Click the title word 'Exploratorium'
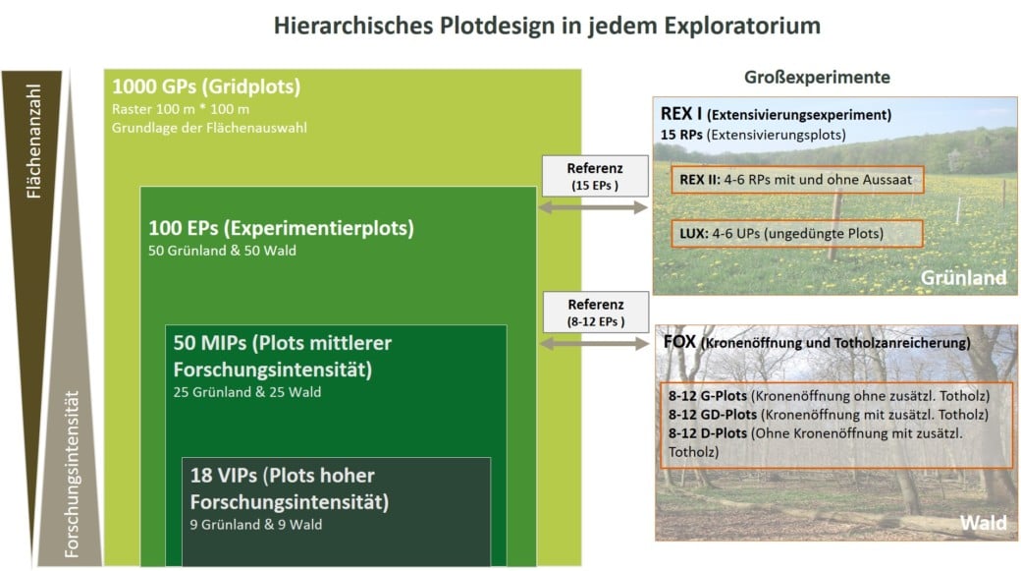pyautogui.click(x=741, y=27)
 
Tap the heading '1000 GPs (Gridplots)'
pyautogui.click(x=206, y=86)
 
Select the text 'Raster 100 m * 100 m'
pyautogui.click(x=181, y=109)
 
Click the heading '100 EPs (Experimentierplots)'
pyautogui.click(x=282, y=228)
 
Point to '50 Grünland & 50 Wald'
pyautogui.click(x=222, y=251)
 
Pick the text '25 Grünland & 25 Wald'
pyautogui.click(x=247, y=392)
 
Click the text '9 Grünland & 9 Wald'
pyautogui.click(x=256, y=524)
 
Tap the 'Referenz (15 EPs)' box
pyautogui.click(x=595, y=176)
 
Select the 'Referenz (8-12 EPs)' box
pyautogui.click(x=596, y=313)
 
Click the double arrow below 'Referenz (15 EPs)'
pyautogui.click(x=593, y=207)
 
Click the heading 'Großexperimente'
pyautogui.click(x=817, y=77)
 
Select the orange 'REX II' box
pyautogui.click(x=797, y=180)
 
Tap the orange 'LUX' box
pyautogui.click(x=797, y=233)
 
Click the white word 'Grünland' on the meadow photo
pyautogui.click(x=963, y=278)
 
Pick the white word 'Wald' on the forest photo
pyautogui.click(x=984, y=523)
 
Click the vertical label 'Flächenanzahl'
pyautogui.click(x=33, y=141)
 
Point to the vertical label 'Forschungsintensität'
pyautogui.click(x=72, y=474)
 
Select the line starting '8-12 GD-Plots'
pyautogui.click(x=829, y=415)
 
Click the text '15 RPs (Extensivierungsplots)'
pyautogui.click(x=753, y=135)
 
